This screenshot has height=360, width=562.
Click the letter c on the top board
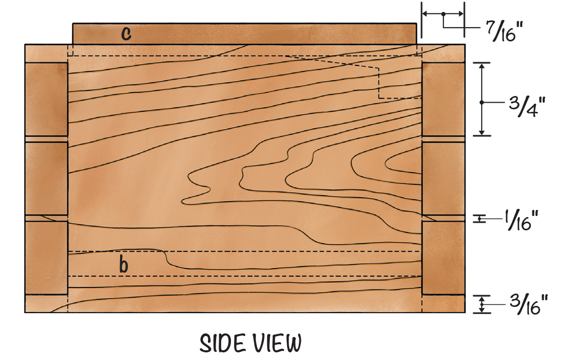[126, 34]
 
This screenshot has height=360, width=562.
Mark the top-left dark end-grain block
[46, 99]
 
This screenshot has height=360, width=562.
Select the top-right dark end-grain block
[443, 99]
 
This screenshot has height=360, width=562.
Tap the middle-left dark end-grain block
[46, 178]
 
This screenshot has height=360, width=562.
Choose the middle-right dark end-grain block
[443, 178]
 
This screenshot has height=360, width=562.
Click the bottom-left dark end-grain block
[46, 258]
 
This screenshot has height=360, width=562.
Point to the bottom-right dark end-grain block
[443, 258]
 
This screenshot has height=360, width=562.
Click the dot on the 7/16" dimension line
[443, 14]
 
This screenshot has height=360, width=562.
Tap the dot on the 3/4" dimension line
[481, 103]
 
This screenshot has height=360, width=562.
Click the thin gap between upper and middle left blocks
[46, 139]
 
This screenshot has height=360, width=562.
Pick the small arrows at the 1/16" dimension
[480, 219]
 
